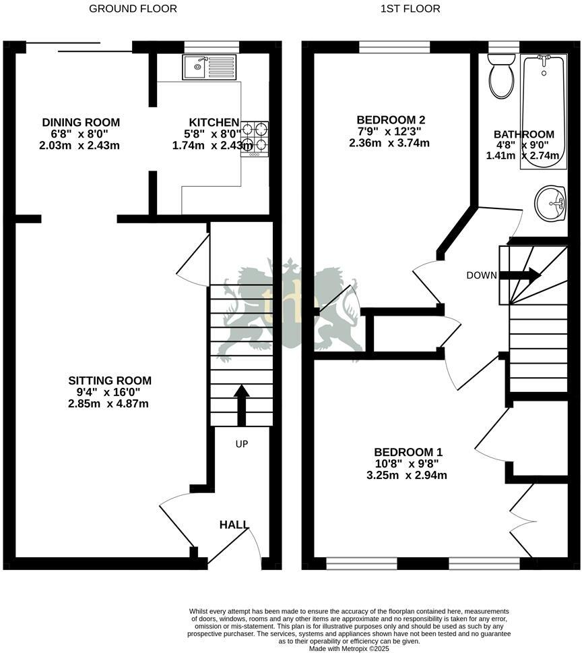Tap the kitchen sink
(209, 67)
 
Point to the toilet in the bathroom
(500, 76)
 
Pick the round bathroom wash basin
(551, 202)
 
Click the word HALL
(234, 524)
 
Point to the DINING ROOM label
(81, 122)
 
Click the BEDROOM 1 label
(408, 451)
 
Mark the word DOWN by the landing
(481, 275)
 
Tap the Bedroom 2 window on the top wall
(395, 47)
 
